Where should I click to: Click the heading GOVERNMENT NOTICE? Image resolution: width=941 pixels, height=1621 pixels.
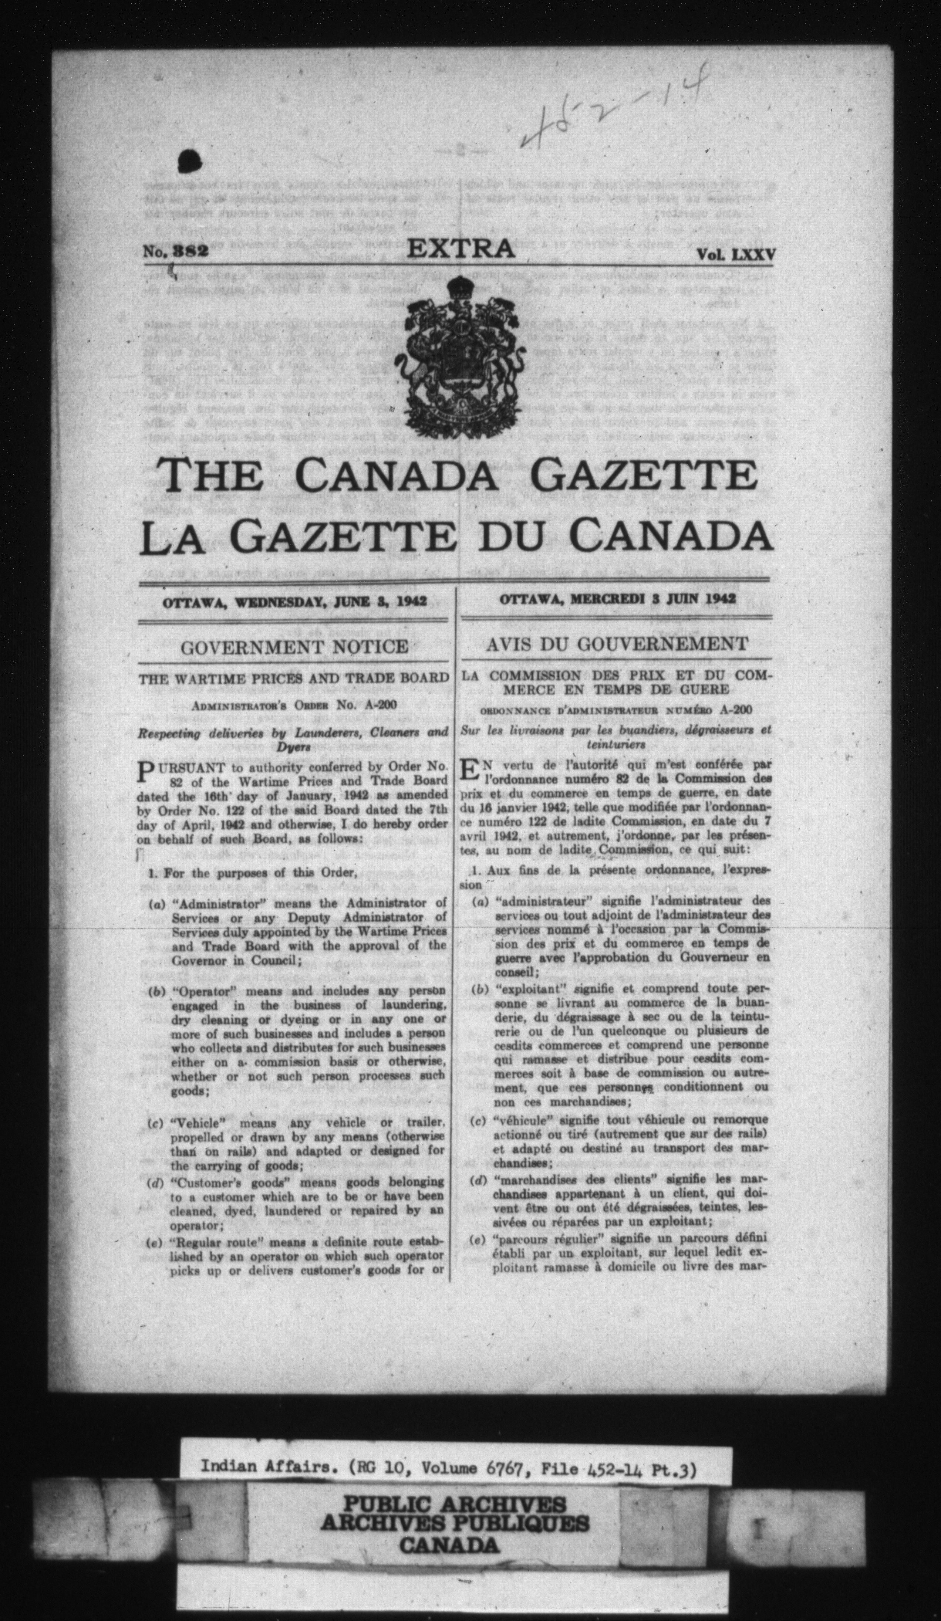pos(294,646)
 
